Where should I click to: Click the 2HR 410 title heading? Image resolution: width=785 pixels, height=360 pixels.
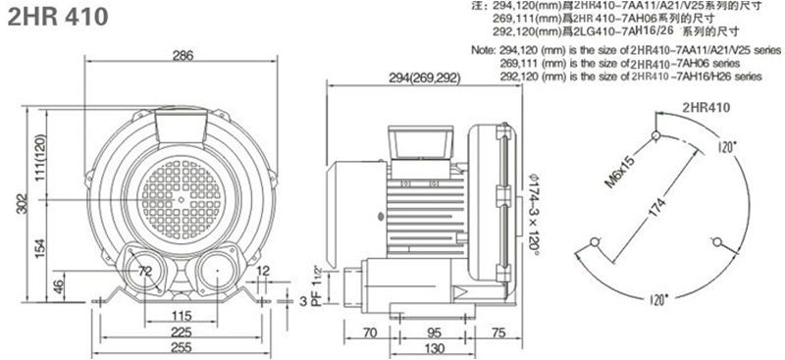[x=57, y=17]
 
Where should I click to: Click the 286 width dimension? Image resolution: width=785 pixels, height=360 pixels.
[x=183, y=56]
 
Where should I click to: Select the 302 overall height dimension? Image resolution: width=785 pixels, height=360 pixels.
[x=22, y=204]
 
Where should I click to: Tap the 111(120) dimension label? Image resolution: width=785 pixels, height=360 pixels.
[x=40, y=157]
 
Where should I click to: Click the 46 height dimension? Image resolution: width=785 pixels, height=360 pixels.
[x=59, y=286]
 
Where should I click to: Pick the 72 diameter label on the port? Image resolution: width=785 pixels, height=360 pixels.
[x=145, y=272]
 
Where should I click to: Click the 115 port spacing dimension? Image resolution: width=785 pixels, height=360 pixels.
[x=182, y=316]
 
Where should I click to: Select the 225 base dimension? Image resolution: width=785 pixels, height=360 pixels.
[x=182, y=332]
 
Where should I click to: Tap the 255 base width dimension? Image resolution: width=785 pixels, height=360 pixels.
[x=182, y=347]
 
